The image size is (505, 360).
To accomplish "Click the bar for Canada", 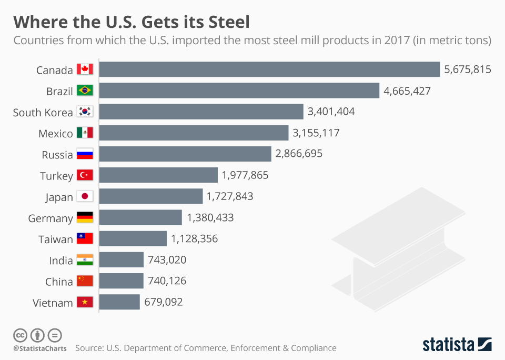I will point(269,69).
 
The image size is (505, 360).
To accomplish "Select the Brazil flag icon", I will point(85,91).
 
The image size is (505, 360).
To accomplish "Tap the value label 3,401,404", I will point(331,112).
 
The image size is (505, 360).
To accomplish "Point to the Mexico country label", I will point(56,134).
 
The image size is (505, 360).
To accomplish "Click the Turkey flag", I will point(85,175).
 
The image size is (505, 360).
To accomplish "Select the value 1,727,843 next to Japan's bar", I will point(230,196).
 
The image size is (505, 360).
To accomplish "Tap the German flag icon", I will point(85,218).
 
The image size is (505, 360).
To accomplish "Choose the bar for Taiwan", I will point(133,239).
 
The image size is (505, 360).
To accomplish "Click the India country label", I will point(61,261).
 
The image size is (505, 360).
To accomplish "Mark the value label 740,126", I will point(167,281).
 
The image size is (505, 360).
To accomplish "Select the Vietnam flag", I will point(85,303).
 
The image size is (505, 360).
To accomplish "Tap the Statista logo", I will point(457,345).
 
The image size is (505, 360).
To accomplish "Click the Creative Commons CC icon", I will point(20,335).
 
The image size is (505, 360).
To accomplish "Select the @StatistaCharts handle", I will point(40,348).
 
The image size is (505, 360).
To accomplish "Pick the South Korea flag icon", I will point(85,112).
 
